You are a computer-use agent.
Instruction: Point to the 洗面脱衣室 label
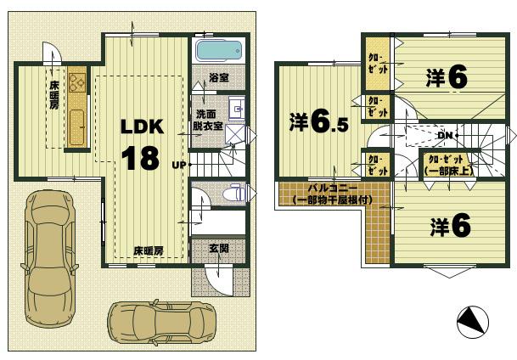(x=207, y=120)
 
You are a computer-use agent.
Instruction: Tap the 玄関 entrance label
(x=218, y=249)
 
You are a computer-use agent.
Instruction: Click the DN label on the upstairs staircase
(x=444, y=135)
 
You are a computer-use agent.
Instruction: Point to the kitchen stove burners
(x=76, y=84)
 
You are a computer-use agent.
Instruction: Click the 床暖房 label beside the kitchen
(x=53, y=93)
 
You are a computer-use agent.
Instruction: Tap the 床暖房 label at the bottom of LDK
(x=148, y=250)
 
